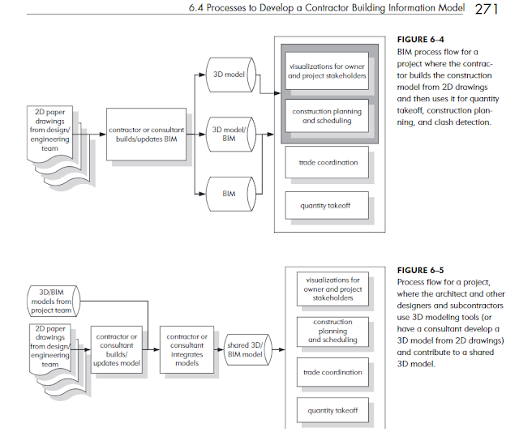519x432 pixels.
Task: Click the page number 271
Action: [487, 9]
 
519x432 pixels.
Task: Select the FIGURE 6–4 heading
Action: [420, 40]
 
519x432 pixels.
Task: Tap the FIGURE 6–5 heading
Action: [420, 270]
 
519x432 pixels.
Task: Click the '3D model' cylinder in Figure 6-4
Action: [230, 75]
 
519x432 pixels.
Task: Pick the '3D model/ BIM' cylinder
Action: [230, 135]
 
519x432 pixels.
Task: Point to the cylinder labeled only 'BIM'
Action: [230, 194]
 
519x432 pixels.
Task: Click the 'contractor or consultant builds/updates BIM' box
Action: [146, 135]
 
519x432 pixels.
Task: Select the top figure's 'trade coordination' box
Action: [327, 162]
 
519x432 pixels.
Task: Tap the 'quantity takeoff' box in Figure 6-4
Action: [327, 205]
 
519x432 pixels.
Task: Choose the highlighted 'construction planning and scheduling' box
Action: [327, 116]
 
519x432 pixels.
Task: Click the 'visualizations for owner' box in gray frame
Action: [327, 71]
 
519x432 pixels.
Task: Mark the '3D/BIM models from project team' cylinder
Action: [54, 301]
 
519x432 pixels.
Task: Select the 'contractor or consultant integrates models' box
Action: [187, 349]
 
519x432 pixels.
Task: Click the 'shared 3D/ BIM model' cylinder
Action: [248, 349]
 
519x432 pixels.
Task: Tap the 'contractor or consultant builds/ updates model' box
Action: [117, 349]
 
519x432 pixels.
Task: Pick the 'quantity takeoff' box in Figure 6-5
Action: [332, 410]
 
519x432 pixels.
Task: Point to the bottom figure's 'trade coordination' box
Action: [332, 372]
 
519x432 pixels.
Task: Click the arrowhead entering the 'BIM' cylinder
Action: [202, 194]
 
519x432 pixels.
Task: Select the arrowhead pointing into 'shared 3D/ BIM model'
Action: [221, 349]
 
